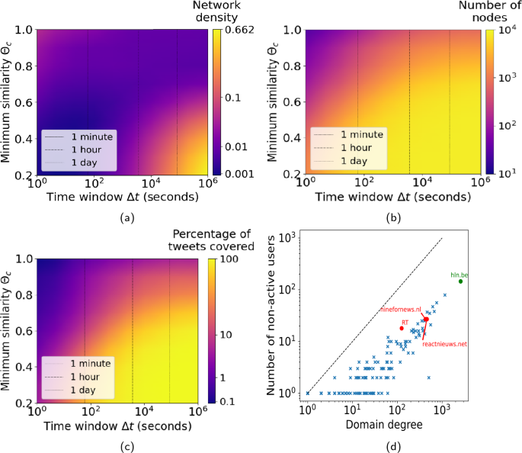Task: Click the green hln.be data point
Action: click(460, 281)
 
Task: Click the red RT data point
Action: click(402, 327)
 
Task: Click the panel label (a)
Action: click(121, 217)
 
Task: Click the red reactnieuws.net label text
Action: click(446, 345)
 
